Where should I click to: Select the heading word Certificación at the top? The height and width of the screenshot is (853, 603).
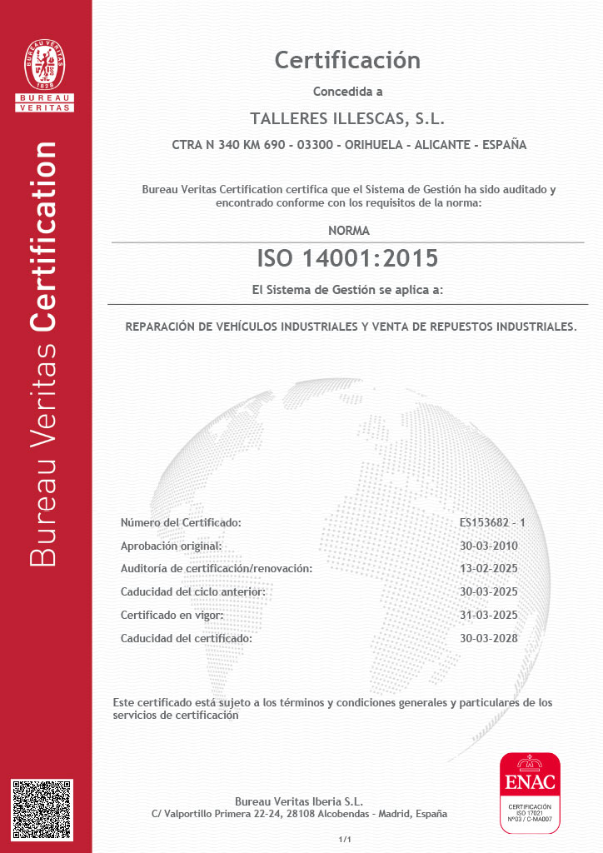click(347, 60)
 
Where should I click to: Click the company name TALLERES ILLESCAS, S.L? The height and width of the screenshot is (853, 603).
click(347, 117)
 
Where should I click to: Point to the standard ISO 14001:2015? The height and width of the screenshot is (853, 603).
click(347, 258)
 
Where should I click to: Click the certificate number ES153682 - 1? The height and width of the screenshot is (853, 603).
click(493, 523)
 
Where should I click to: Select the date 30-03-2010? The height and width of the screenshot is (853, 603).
click(489, 546)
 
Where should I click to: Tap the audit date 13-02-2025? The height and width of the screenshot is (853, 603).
click(489, 568)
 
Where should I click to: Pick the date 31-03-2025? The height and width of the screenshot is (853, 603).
click(489, 615)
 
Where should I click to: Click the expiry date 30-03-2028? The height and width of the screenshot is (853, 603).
click(489, 638)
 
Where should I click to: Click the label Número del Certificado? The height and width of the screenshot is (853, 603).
click(181, 523)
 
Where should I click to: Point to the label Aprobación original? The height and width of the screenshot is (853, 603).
click(172, 546)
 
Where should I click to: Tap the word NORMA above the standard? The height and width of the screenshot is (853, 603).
click(349, 231)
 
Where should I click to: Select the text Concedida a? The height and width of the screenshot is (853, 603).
click(347, 92)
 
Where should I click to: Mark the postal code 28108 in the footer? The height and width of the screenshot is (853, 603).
click(298, 814)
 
